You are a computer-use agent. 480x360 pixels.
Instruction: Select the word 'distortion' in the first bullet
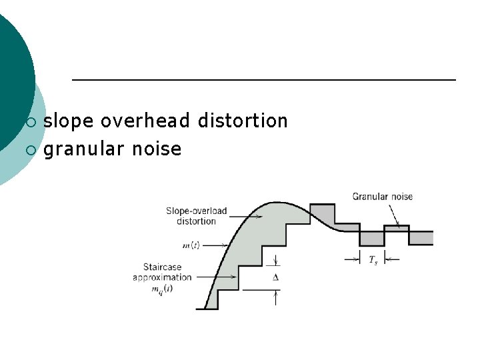[243, 121]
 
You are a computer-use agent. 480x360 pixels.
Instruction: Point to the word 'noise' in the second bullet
[157, 149]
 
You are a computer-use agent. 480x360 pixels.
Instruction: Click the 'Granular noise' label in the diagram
[383, 197]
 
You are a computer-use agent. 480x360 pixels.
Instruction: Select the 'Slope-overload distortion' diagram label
[196, 216]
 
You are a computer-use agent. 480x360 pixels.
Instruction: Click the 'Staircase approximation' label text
[162, 272]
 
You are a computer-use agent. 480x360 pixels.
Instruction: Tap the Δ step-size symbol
[276, 276]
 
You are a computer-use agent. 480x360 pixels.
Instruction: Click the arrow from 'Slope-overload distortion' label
[245, 216]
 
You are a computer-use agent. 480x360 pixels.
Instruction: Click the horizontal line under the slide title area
[263, 80]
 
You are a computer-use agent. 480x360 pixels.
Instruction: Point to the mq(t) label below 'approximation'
[162, 289]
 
